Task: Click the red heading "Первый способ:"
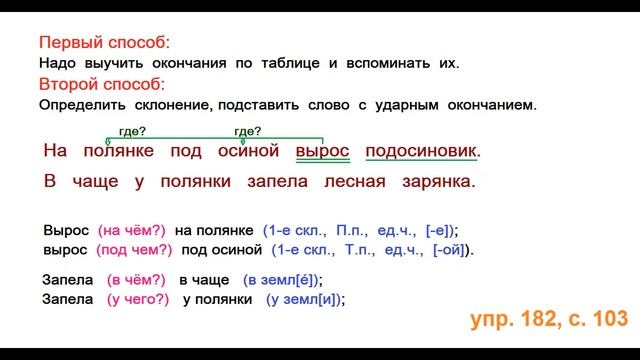tap(104, 44)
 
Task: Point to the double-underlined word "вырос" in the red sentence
tap(323, 151)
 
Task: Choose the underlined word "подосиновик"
tap(421, 151)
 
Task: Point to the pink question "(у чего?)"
tap(137, 299)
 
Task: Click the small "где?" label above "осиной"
tap(246, 130)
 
